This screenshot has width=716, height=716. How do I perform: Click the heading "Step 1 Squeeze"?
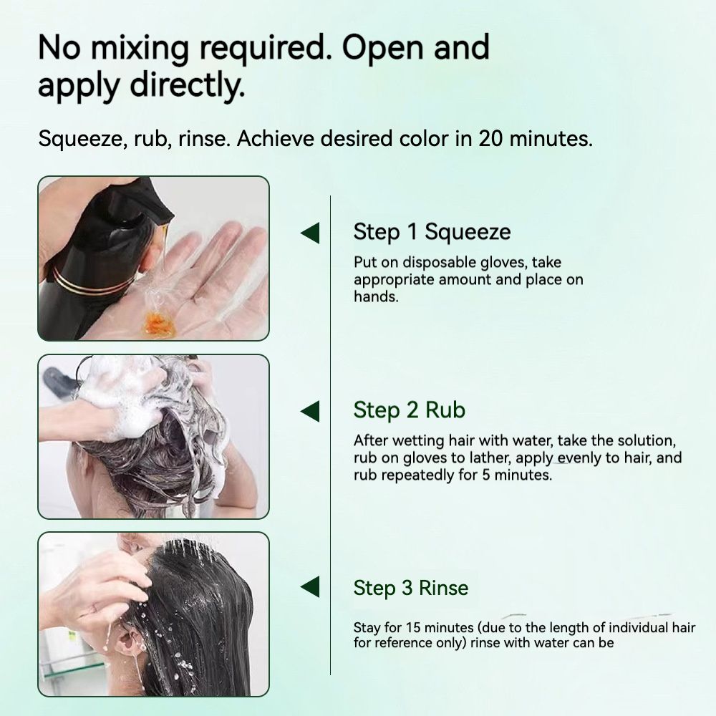[x=432, y=232]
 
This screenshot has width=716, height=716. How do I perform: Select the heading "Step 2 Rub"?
[x=410, y=410]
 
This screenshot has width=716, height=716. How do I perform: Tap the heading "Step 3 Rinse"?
[x=411, y=589]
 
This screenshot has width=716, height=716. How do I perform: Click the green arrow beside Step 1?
[x=309, y=233]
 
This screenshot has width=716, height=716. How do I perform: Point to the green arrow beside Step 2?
[x=309, y=411]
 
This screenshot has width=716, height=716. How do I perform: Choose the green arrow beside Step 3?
[x=309, y=589]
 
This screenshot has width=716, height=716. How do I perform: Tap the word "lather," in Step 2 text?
[x=477, y=458]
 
